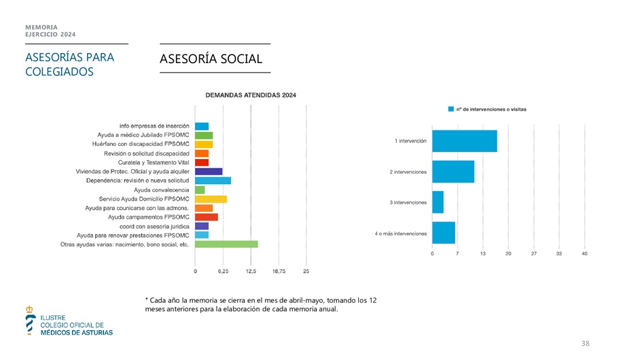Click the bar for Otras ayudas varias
point(226,244)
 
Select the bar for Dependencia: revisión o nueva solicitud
point(213,181)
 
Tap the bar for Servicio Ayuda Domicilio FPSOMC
point(211,199)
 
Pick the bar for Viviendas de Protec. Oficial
point(208,172)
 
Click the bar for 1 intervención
point(464,141)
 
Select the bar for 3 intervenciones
point(438,202)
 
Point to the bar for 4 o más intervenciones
point(443,233)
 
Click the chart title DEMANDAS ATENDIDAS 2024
point(251,95)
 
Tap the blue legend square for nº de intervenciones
point(450,109)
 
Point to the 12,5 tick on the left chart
point(251,272)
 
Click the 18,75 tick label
point(279,272)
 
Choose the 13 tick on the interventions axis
point(482,253)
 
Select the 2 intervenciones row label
point(408,172)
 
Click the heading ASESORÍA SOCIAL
point(210,60)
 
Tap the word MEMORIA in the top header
point(41,27)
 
